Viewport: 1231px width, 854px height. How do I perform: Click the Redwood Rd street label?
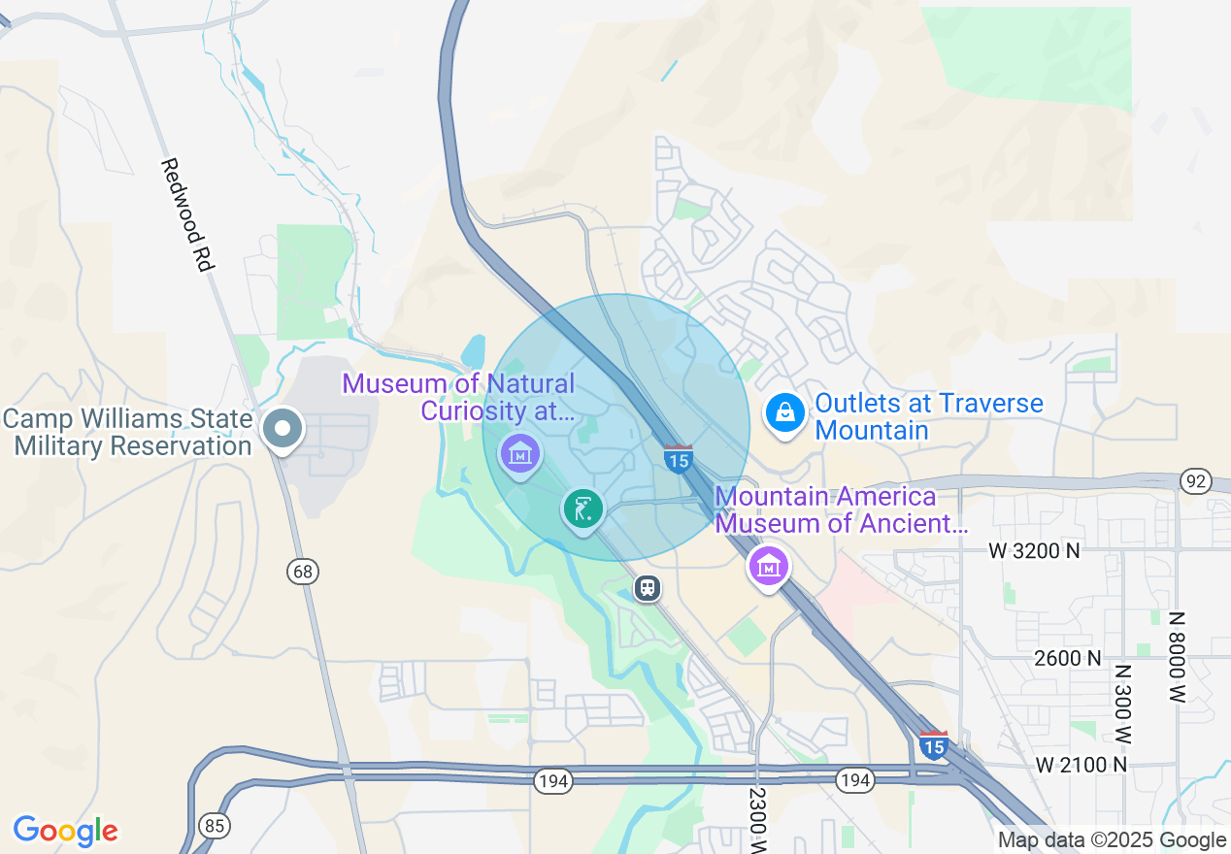(186, 214)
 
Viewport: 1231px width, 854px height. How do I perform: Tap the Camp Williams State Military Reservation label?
(127, 433)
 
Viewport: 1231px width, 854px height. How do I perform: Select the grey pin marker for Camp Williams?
(283, 429)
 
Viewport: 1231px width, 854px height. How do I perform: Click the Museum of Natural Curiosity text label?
(458, 397)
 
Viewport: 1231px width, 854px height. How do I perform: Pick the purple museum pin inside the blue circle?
(519, 453)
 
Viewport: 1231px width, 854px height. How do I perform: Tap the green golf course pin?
(582, 509)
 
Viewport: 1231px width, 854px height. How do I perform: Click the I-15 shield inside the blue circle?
(678, 458)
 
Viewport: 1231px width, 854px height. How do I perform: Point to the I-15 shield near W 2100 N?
(933, 744)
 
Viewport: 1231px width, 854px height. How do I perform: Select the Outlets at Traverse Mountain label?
(929, 415)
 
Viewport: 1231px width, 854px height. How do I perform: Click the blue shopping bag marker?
(784, 414)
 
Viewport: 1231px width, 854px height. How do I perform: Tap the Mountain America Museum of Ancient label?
(841, 510)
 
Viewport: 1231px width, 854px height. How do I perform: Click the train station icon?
(648, 588)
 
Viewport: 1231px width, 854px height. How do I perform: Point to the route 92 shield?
(1196, 481)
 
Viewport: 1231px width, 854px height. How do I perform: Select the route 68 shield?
(303, 572)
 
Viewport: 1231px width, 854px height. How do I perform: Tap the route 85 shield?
(214, 826)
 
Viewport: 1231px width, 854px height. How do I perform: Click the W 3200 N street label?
(1034, 551)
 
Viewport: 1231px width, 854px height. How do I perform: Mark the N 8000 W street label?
(1178, 657)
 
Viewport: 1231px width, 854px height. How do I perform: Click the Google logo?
(65, 831)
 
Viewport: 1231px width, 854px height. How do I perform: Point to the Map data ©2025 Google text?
(1112, 840)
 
